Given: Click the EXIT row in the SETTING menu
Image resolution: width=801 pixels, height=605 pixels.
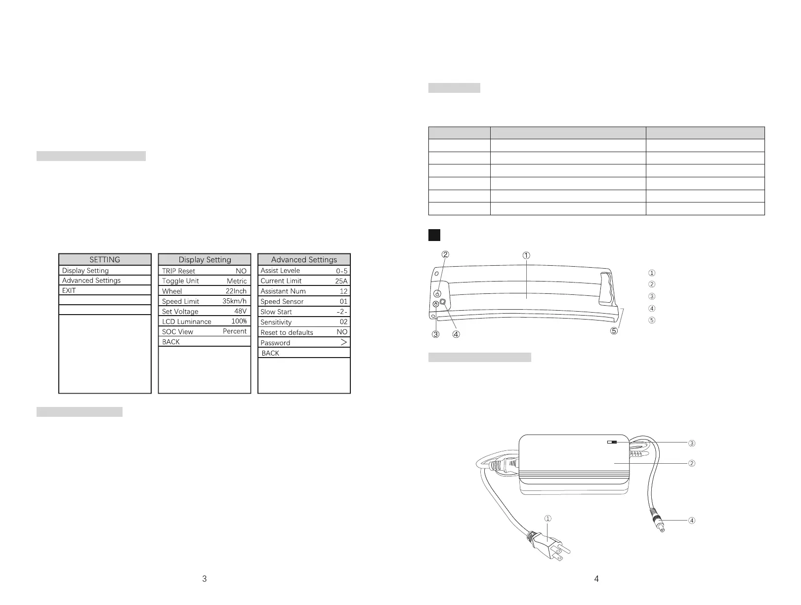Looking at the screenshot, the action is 69,290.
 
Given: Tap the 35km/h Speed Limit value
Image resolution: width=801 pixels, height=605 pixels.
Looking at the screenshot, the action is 234,301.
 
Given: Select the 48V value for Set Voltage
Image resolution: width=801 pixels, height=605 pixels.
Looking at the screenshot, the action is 240,311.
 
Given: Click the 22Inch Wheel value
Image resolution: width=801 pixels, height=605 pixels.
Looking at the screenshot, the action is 236,291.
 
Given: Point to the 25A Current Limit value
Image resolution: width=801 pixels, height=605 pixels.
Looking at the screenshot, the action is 341,281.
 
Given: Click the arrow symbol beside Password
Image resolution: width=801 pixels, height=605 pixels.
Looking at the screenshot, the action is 344,342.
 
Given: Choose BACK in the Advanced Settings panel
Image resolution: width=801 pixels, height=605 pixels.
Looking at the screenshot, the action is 270,353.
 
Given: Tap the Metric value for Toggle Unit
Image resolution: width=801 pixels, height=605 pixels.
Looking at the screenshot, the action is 237,281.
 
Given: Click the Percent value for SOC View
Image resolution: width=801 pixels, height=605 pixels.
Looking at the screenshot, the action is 234,331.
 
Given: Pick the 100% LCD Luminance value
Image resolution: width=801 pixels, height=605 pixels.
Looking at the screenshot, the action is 239,322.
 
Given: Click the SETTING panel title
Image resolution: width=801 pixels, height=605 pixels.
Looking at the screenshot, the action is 105,259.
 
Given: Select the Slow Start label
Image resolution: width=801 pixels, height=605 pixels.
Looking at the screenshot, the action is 276,312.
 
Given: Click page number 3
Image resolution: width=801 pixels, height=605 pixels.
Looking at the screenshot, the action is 205,579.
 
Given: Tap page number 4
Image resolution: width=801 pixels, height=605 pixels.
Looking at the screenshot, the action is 596,579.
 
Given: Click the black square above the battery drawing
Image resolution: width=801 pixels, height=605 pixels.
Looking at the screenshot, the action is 434,235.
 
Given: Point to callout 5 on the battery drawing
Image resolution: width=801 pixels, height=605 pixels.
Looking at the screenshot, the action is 614,331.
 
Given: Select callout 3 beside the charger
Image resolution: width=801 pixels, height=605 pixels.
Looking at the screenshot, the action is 692,444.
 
